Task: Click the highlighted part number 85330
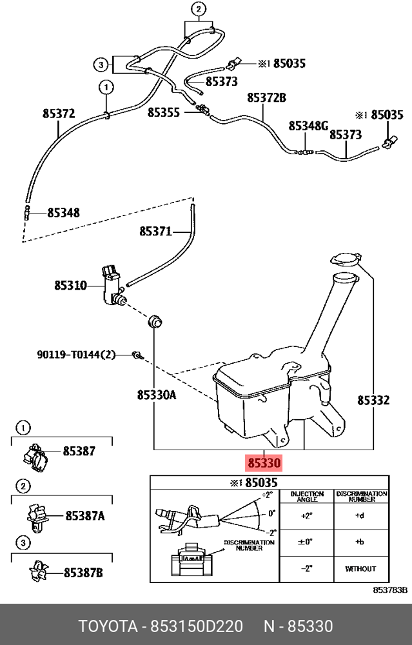263,463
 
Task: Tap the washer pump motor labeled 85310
112,286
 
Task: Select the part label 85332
373,401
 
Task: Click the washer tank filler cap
346,259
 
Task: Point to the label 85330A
156,395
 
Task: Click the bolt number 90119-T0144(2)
77,354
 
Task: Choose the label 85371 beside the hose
155,232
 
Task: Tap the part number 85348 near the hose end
64,213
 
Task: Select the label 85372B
266,98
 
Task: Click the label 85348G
308,126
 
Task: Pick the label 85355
164,112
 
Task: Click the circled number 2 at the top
199,8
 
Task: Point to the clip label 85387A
85,515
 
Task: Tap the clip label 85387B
83,572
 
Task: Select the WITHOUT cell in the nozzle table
360,569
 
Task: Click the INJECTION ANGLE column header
307,496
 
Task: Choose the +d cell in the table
360,515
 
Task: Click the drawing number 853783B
390,590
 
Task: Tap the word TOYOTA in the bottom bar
108,626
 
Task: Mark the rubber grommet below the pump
155,321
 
